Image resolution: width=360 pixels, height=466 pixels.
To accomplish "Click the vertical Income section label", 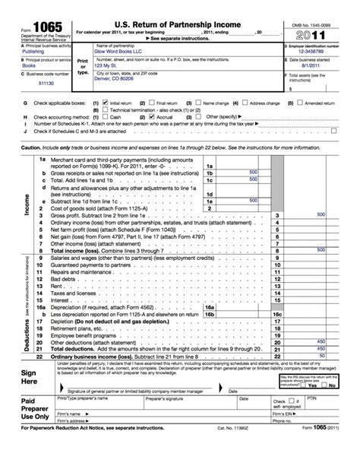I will pos(27,204).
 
